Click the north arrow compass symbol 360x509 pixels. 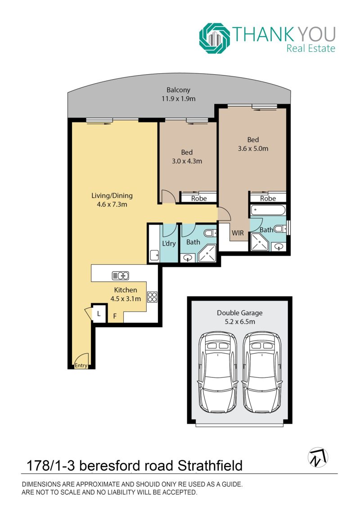pos(318,457)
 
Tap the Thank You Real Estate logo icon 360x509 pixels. pos(215,38)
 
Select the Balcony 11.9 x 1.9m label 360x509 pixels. pos(179,94)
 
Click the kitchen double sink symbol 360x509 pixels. pos(121,275)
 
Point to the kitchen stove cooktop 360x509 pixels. pos(152,297)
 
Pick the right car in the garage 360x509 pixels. pos(262,372)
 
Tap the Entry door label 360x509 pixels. pos(81,365)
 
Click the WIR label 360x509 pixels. pos(238,233)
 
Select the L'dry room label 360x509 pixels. pos(169,243)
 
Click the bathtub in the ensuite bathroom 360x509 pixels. pos(268,210)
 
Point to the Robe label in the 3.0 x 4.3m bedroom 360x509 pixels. pos(198,198)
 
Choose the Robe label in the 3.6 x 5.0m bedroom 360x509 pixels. pos(268,198)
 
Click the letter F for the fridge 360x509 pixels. pos(115,316)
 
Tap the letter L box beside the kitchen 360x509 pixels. pos(99,314)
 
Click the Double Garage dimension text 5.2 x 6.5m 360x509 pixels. pos(240,322)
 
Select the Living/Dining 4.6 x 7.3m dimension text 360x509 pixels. pos(112,204)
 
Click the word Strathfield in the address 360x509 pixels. pos(210,466)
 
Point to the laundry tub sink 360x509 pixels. pos(154,255)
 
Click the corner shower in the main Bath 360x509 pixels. pos(207,253)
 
